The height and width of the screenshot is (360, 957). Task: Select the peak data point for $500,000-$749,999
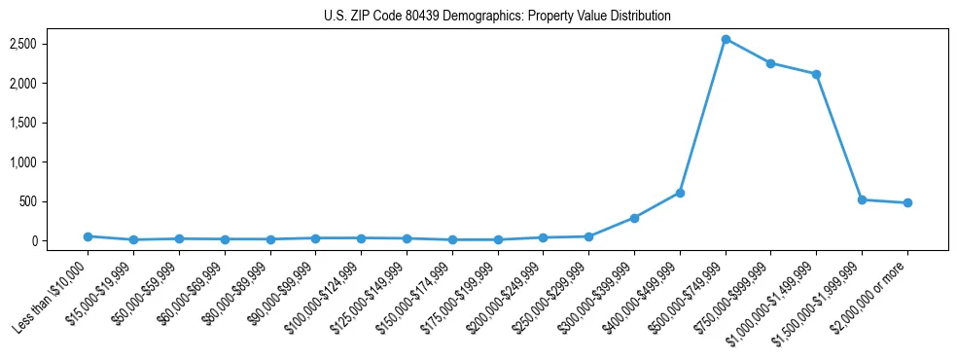(x=726, y=40)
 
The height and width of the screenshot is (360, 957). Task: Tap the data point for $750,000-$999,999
(x=770, y=63)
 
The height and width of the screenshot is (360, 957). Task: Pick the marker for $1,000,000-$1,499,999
(x=816, y=74)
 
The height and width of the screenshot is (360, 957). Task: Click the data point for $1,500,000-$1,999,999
(x=862, y=199)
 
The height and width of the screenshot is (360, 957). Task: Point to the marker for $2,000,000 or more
(x=907, y=203)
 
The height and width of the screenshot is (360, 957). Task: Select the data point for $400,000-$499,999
(x=680, y=193)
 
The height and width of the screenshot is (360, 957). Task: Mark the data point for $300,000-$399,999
(x=634, y=218)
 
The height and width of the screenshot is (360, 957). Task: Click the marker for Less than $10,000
(x=88, y=236)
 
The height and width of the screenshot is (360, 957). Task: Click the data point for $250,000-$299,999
(x=588, y=236)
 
